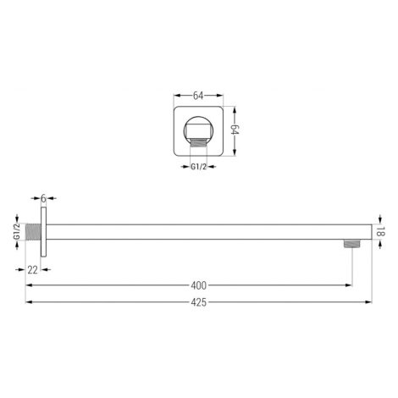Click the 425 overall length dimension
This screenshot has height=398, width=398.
click(199, 302)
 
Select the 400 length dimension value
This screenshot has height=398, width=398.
click(199, 285)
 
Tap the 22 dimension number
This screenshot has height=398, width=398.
click(32, 270)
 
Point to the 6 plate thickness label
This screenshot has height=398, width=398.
click(43, 198)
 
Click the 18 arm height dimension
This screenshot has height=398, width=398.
click(380, 232)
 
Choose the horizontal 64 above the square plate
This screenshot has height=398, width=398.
click(198, 96)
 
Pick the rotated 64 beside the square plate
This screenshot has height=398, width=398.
click(235, 130)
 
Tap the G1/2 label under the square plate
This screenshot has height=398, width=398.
click(199, 167)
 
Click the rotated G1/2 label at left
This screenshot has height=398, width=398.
click(17, 232)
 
